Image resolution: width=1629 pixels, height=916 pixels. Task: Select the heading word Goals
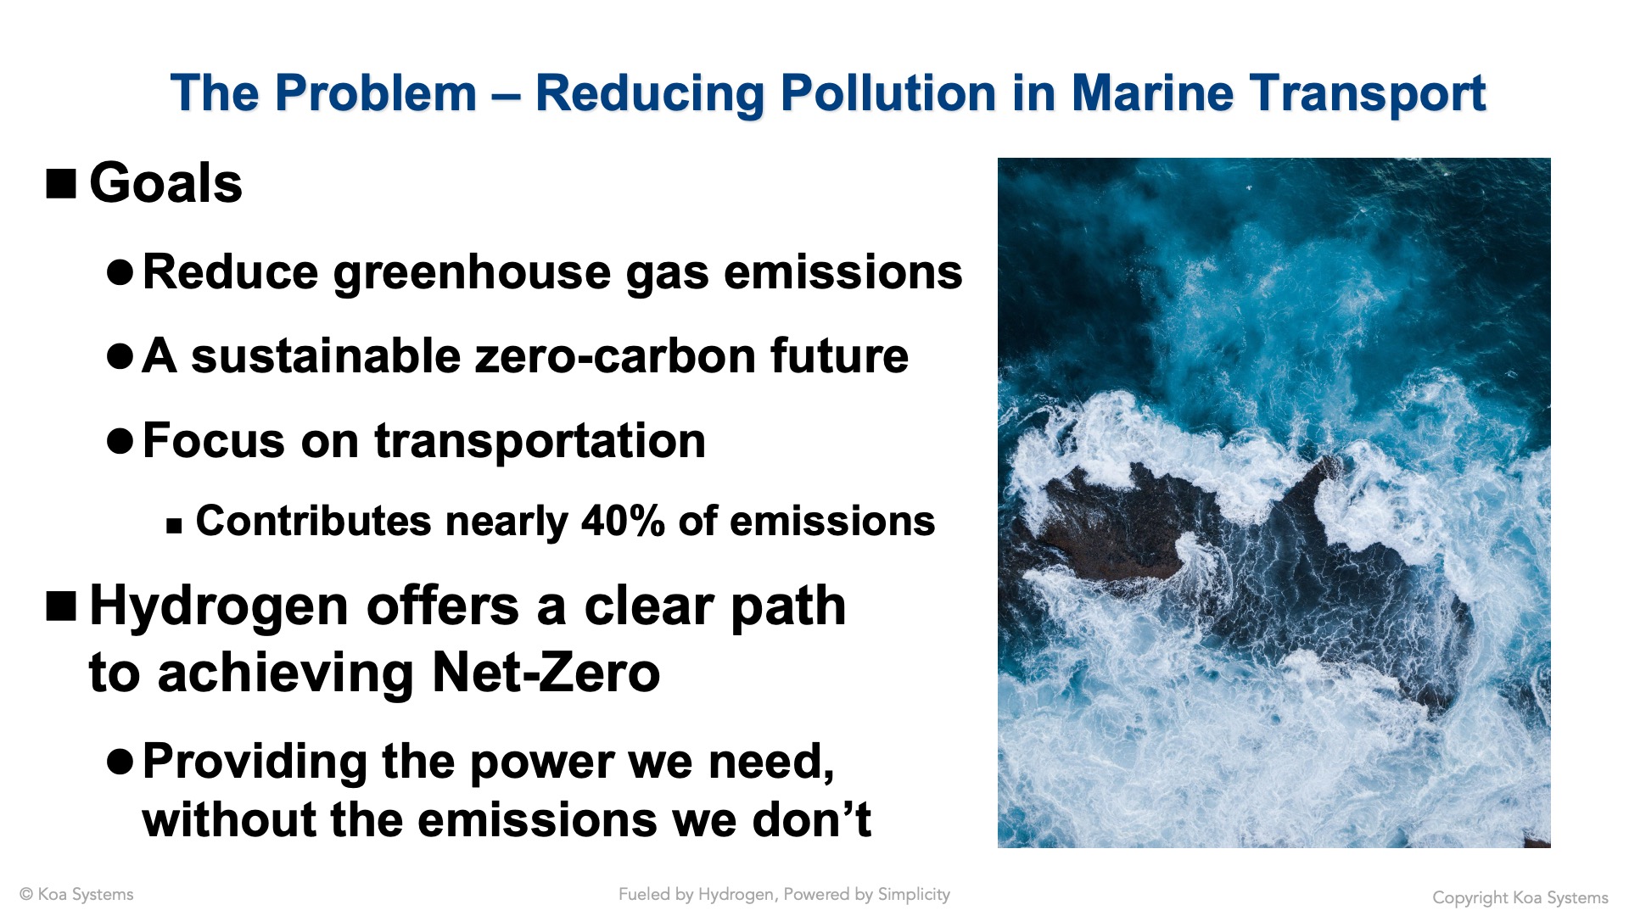coord(165,183)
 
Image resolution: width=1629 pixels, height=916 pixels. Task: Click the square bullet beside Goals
coord(61,183)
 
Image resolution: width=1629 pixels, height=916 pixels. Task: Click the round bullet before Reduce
coord(120,272)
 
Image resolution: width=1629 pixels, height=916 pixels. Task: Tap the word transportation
coord(540,441)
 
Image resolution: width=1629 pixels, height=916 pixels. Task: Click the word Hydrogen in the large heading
coord(219,608)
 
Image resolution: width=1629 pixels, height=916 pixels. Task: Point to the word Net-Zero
coord(546,673)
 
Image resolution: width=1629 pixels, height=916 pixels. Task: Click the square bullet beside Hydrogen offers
coord(61,606)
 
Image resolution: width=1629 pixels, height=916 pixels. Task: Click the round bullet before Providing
coord(120,762)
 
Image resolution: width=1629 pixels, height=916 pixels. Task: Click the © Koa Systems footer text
coord(76,895)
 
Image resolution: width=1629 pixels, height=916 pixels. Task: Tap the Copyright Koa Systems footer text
coord(1520,897)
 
